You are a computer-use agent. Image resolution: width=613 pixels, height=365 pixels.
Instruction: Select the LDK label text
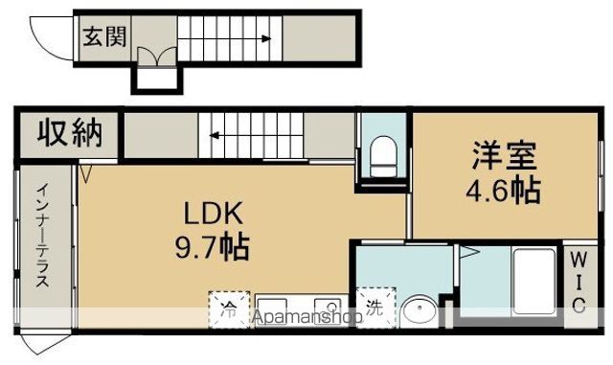click(213, 211)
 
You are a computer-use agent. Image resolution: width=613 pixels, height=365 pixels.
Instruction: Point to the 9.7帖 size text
click(213, 249)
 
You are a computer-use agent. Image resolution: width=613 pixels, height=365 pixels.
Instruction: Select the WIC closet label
click(579, 282)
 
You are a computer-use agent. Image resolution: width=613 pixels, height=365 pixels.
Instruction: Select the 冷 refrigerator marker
click(229, 308)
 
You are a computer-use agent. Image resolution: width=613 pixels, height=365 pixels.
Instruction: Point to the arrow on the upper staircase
click(230, 39)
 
